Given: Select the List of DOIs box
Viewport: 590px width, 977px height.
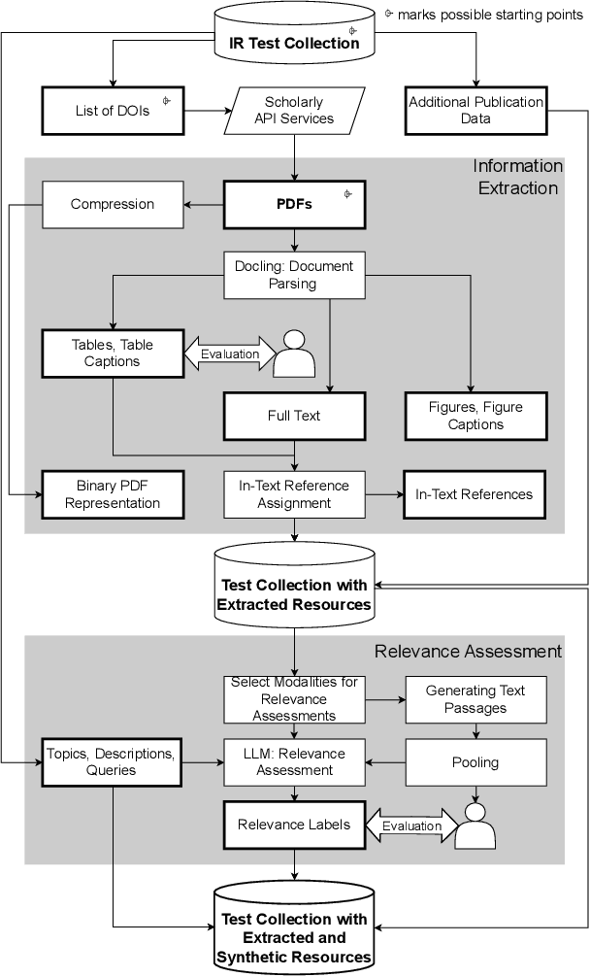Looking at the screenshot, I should tap(114, 110).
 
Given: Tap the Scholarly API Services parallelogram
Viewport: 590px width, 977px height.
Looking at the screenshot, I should tap(294, 110).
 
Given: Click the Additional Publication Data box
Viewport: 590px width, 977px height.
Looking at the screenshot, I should tap(476, 110).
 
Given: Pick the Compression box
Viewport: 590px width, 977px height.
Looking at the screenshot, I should tap(113, 204).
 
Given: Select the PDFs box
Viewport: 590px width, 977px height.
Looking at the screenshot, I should tap(294, 204).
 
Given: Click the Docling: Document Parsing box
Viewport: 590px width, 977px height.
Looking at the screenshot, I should tap(294, 275).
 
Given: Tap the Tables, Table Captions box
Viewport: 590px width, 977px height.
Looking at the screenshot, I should tap(113, 353).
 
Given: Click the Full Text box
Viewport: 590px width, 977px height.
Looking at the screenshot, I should tap(294, 416).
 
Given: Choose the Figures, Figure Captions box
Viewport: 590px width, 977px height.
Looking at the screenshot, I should tap(475, 416).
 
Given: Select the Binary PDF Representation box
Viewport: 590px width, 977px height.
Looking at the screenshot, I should tap(113, 493).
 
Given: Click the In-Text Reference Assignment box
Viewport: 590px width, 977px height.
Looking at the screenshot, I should tap(294, 493).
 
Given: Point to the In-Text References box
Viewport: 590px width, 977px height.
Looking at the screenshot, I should tap(474, 493).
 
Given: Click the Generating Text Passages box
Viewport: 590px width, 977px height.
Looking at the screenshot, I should tap(475, 699).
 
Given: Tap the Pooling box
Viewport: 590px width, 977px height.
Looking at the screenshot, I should tap(475, 762).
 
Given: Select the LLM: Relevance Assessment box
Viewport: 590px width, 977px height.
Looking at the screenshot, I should tap(294, 762).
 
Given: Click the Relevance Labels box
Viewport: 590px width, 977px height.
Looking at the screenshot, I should tap(294, 825).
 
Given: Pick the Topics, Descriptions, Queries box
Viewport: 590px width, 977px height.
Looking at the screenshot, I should tap(113, 762).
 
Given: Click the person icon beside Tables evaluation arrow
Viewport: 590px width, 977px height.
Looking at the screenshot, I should tap(294, 354).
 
